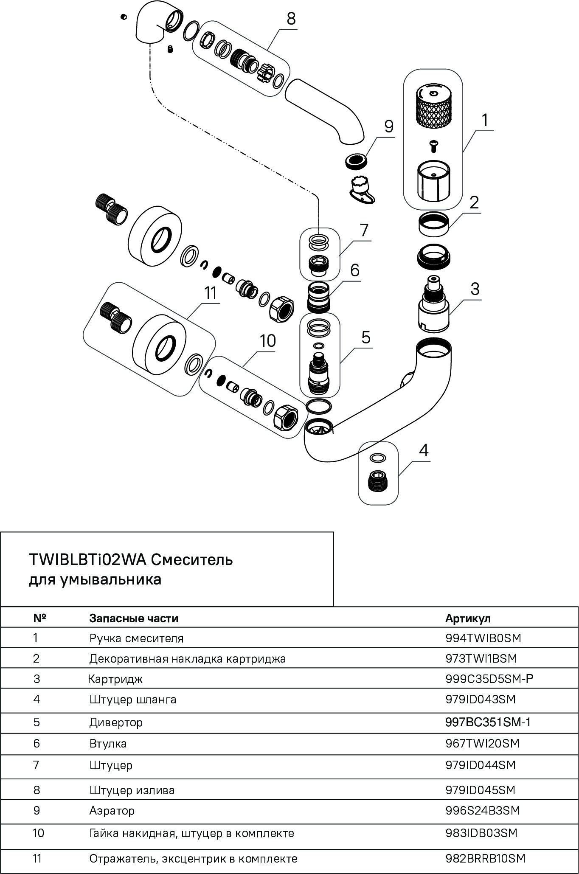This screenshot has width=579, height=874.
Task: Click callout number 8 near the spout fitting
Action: [x=291, y=20]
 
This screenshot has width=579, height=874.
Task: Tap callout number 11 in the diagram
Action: [x=211, y=293]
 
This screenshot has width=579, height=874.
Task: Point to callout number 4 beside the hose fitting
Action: [x=424, y=450]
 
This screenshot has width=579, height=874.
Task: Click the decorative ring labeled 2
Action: [x=433, y=224]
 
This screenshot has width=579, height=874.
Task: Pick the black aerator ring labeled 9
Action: [x=355, y=160]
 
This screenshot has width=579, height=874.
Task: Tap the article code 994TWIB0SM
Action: [x=483, y=638]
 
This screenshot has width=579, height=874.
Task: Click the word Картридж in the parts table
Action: [x=115, y=679]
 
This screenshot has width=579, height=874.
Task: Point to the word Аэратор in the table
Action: [x=112, y=811]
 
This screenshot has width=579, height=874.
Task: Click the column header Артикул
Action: [x=468, y=618]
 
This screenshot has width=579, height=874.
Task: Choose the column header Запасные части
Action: [x=134, y=618]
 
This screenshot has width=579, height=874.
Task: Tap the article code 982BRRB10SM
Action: [x=486, y=859]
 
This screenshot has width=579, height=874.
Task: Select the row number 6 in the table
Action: [x=36, y=743]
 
